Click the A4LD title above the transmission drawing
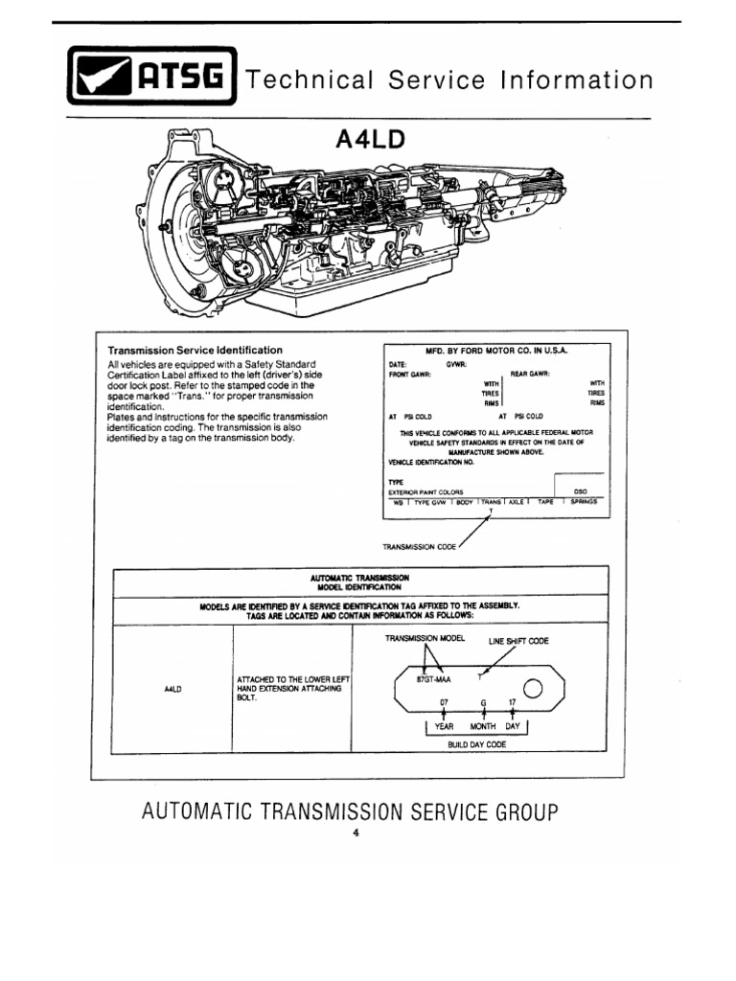[370, 140]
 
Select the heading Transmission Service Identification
[195, 351]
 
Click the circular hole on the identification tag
[534, 689]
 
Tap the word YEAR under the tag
[444, 726]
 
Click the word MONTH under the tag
[483, 726]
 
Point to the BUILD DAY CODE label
[476, 744]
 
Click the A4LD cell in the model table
[173, 689]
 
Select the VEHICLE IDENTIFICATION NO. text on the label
[431, 462]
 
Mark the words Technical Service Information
[449, 80]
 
